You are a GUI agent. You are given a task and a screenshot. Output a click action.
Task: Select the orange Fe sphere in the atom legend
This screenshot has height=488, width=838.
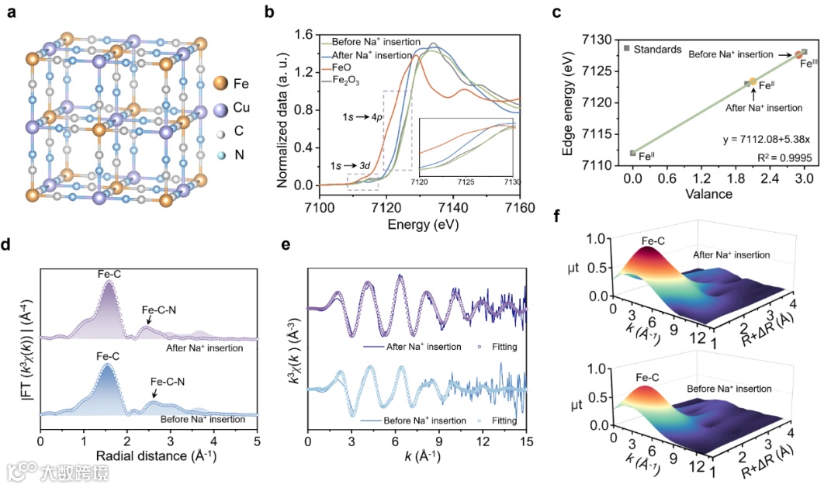[x=220, y=82]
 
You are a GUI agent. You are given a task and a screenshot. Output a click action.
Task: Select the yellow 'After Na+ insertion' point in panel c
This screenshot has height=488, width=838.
[x=753, y=81]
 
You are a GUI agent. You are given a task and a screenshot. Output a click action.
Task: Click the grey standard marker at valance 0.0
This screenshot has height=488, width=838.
[x=633, y=154]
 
